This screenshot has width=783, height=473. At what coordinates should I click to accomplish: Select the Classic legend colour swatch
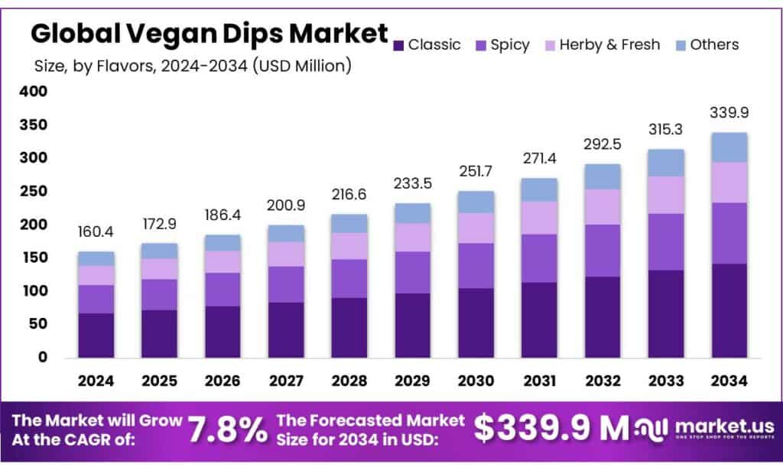[x=398, y=46]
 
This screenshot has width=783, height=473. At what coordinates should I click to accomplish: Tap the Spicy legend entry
[x=502, y=45]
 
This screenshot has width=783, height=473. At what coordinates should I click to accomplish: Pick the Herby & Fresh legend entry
[x=602, y=45]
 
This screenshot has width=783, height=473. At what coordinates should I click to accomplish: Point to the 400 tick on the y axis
[x=34, y=92]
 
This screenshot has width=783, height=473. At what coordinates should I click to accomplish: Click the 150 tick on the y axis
[x=34, y=258]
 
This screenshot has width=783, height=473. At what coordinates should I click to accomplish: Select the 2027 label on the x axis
[x=287, y=381]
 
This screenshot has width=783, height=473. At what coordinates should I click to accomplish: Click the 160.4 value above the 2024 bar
[x=96, y=231]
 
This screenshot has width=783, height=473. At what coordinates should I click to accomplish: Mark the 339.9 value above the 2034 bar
[x=729, y=112]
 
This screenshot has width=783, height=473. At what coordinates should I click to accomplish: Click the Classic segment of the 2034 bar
[x=729, y=310]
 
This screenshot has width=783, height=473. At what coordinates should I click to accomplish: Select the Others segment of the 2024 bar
[x=96, y=258]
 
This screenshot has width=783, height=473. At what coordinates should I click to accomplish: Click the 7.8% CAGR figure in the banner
[x=228, y=429]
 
